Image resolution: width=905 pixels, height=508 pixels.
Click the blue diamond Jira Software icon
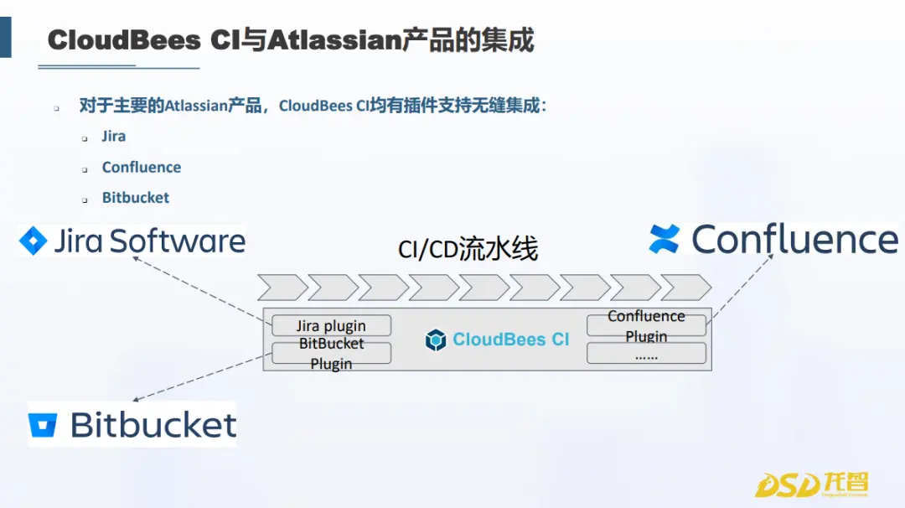[x=33, y=241]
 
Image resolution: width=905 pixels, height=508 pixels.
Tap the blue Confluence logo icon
[x=664, y=239]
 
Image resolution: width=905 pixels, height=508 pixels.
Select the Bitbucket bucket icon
[x=43, y=425]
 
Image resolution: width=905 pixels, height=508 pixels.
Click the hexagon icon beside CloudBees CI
[x=436, y=340]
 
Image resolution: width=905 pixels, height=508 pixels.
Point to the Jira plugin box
[x=331, y=325]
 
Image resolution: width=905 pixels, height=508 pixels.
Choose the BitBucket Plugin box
[x=331, y=353]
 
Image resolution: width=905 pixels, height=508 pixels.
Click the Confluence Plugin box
[x=646, y=325]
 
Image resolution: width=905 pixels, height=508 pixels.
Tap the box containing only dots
[x=646, y=353]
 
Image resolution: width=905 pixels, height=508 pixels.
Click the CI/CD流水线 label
[x=468, y=249]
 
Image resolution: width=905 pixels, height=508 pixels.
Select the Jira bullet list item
[x=114, y=137]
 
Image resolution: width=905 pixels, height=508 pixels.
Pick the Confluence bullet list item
[x=142, y=168]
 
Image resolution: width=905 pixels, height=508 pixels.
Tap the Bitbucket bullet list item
[x=136, y=198]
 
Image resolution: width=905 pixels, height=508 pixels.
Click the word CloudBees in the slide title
[x=124, y=40]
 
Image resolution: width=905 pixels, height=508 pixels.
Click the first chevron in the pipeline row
[x=283, y=288]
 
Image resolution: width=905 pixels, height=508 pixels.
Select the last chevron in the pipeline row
[x=685, y=288]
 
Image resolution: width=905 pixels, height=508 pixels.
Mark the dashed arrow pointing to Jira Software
[x=202, y=289]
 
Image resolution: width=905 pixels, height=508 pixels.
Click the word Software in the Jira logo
[x=178, y=241]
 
